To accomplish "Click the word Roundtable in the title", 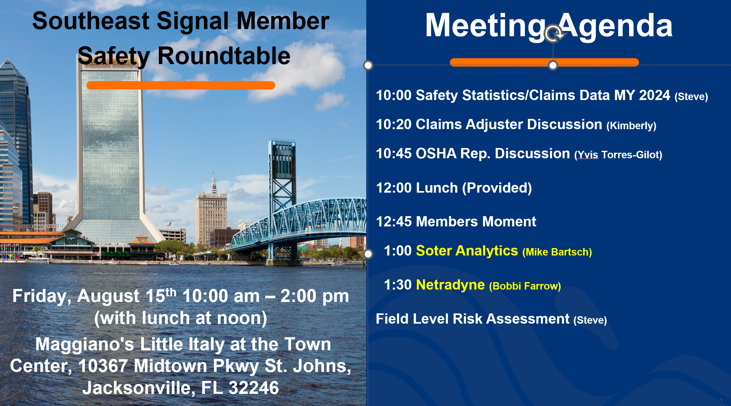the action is (x=224, y=56).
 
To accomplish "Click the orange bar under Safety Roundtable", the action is (x=181, y=85).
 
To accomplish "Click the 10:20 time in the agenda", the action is (x=394, y=124).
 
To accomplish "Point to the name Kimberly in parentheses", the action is (x=631, y=126).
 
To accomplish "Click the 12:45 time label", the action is (x=394, y=221).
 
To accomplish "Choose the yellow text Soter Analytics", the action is (x=467, y=251).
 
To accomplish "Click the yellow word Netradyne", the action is (x=450, y=285).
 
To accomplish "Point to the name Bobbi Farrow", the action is (x=525, y=286).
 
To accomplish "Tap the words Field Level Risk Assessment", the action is (x=472, y=319).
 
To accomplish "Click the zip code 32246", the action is (x=254, y=388).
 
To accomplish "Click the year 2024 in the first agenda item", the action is (x=655, y=95).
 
